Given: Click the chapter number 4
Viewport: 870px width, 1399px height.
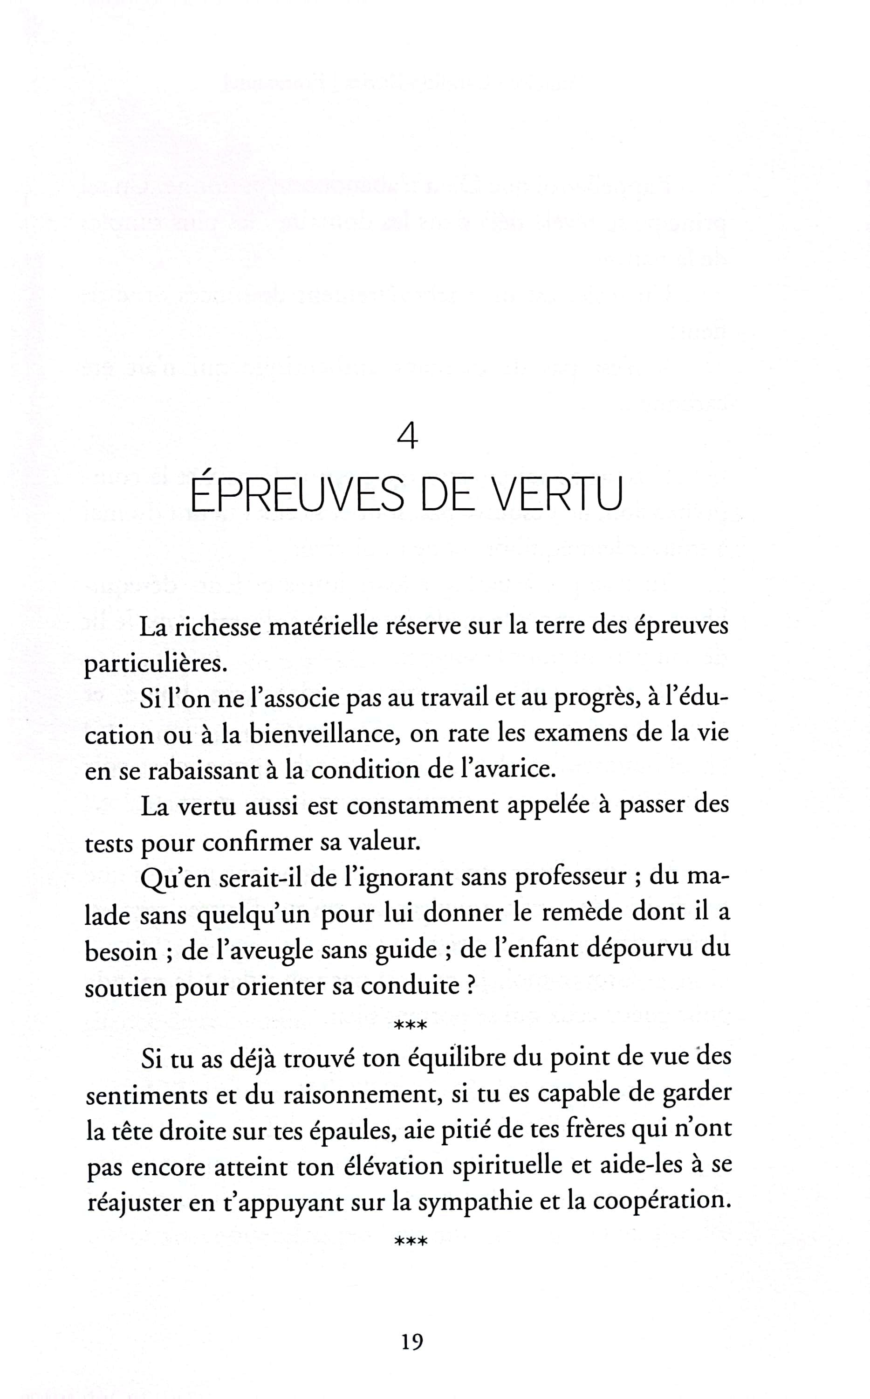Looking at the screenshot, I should [407, 437].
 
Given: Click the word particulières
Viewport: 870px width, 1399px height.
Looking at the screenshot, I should [152, 665].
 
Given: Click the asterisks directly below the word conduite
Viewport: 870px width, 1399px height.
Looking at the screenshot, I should [410, 1025].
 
